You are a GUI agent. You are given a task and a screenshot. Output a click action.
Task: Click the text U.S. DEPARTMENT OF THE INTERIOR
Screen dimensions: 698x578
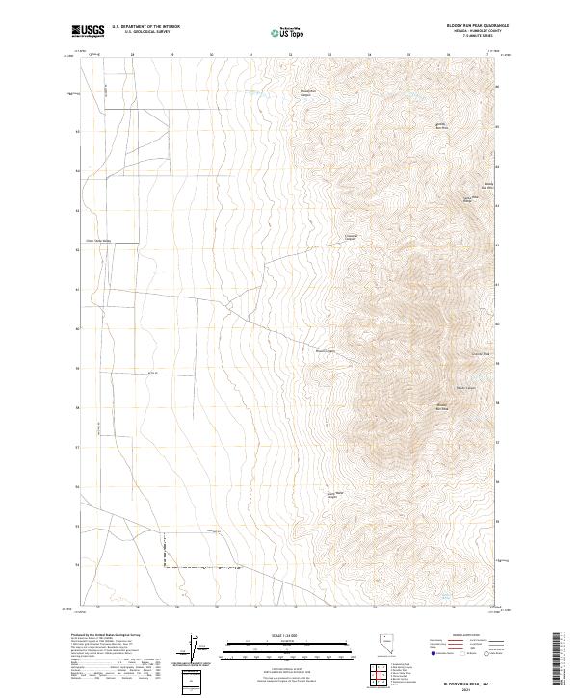(145, 27)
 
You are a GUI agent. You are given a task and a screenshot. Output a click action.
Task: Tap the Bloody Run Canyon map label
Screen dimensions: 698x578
(305, 94)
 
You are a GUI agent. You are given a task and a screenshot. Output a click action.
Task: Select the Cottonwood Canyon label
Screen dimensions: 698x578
(351, 236)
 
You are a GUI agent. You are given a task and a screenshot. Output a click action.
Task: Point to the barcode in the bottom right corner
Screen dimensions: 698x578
(558, 656)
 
